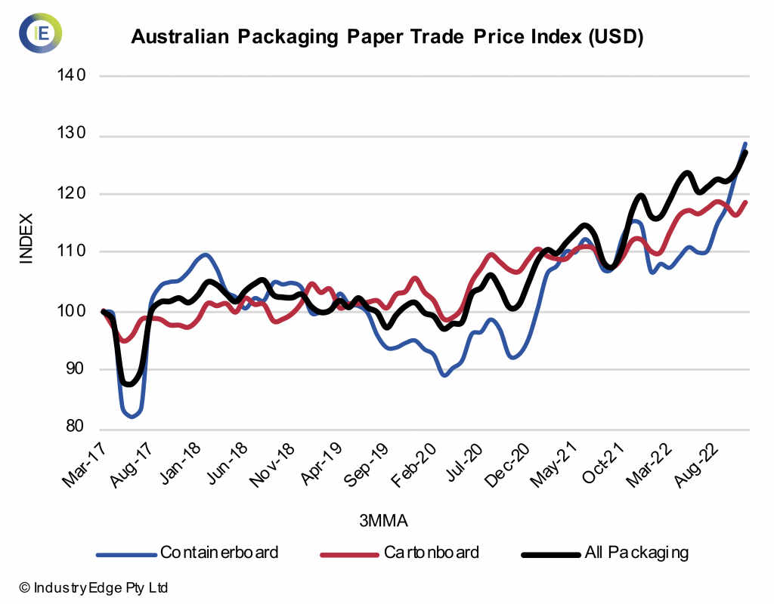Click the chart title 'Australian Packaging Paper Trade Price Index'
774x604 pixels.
[x=386, y=37]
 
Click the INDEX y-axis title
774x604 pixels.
[x=26, y=239]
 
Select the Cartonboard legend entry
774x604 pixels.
[x=400, y=553]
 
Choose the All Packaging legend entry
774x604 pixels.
[x=605, y=553]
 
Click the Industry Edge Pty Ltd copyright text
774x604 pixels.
[x=94, y=587]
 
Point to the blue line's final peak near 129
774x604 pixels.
[x=745, y=143]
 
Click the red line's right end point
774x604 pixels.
[x=746, y=202]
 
